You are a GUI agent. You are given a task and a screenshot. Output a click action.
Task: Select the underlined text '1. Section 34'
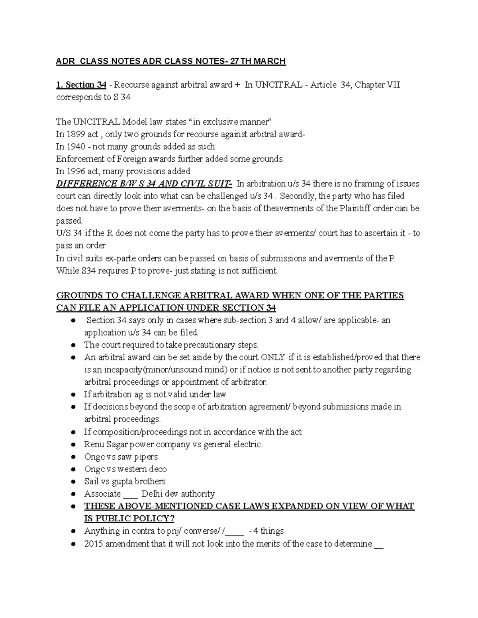click(81, 85)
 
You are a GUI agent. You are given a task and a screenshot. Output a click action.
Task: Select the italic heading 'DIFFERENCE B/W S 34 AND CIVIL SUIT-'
click(144, 183)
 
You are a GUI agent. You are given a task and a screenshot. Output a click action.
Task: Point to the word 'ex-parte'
click(118, 258)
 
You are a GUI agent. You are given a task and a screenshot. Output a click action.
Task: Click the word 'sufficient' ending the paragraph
click(260, 271)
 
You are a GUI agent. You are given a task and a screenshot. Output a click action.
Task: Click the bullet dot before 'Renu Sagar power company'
click(73, 444)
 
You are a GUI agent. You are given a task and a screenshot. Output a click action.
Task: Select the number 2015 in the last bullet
click(94, 544)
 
